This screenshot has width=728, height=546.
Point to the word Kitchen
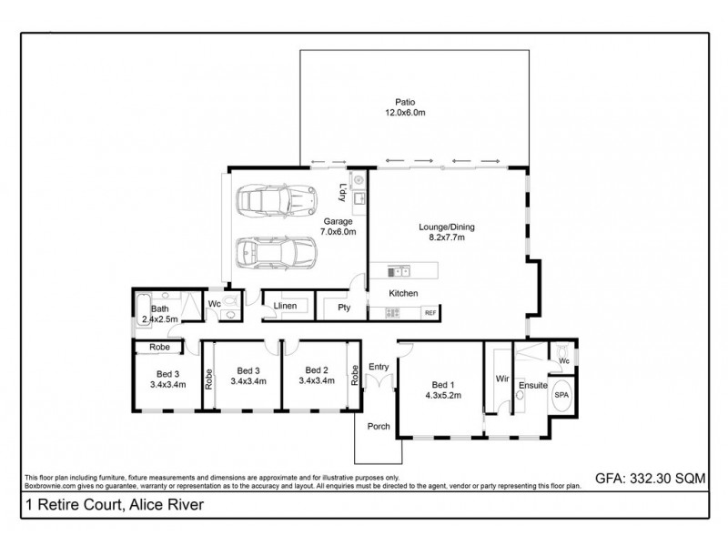pos(403,293)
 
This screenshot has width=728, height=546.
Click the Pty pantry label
pos(344,308)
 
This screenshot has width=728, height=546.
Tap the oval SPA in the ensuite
pos(561,397)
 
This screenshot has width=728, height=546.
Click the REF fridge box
pos(430,312)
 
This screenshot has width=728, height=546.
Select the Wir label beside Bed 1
pos(500,377)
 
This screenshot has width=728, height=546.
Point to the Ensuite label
pos(533,386)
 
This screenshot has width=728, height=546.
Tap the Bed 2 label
pos(316,370)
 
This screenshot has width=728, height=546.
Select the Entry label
pos(378,367)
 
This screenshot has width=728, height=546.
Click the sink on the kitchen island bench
pos(399,270)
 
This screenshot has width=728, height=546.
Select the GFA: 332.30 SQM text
pos(650,476)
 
